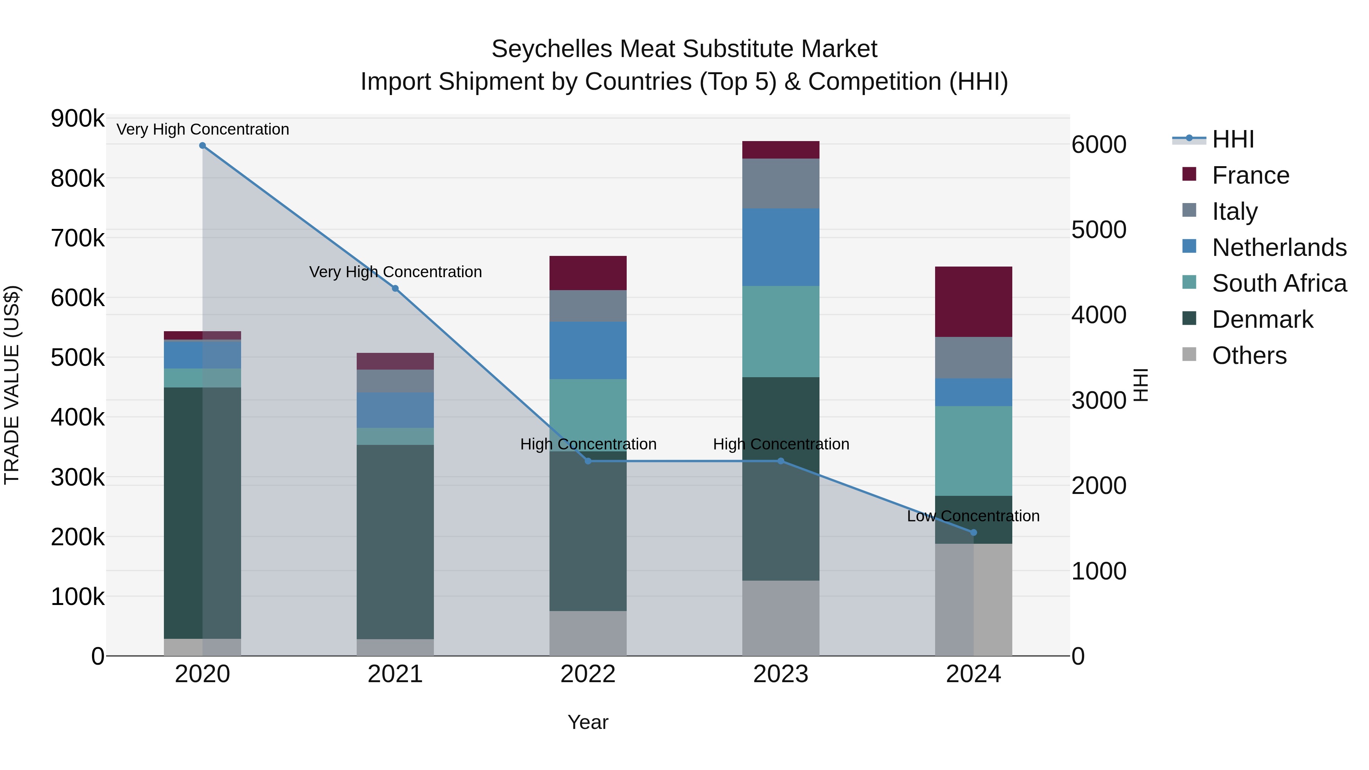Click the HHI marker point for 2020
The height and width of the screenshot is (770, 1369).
202,146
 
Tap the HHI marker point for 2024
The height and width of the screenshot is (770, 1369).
974,532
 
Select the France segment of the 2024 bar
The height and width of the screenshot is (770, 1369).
974,302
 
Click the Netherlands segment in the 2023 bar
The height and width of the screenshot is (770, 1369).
781,247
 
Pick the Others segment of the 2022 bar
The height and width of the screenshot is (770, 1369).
588,633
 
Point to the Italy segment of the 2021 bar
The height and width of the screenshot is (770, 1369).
395,381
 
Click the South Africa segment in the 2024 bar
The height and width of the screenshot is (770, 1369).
974,451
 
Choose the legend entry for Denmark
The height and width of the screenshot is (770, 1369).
1262,319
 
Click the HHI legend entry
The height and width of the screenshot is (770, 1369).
1233,139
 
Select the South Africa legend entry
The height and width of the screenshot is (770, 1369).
1278,283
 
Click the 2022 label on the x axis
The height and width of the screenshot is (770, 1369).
588,674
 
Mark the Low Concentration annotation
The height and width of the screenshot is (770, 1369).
973,516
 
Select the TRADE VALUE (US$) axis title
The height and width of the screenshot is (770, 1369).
12,385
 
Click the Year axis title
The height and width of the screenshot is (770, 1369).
588,722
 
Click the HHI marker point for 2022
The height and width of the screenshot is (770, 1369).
588,461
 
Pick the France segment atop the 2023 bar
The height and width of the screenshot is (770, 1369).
781,150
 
